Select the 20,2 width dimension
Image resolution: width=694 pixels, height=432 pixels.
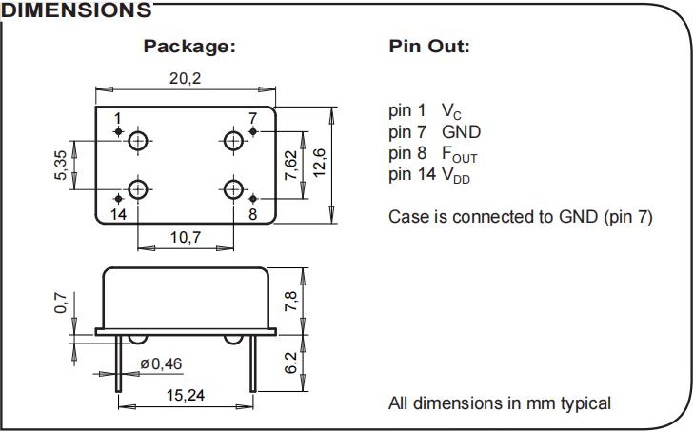185,79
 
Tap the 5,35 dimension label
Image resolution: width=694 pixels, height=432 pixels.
62,165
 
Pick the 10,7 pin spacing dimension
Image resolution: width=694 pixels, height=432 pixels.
185,238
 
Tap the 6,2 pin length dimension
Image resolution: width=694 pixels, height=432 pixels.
292,363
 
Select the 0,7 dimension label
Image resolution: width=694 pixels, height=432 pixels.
62,304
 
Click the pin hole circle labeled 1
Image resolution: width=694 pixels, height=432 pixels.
139,142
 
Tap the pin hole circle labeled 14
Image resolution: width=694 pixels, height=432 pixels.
139,188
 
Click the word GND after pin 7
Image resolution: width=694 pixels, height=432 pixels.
461,132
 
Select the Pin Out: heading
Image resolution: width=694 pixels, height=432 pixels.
429,46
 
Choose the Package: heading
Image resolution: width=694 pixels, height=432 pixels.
188,46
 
